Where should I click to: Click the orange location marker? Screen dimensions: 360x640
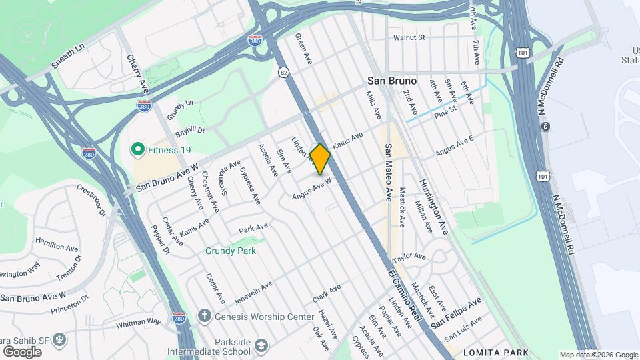pyautogui.click(x=320, y=159)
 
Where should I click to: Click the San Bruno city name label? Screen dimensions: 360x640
pyautogui.click(x=392, y=81)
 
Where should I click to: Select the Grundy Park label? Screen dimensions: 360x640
pyautogui.click(x=231, y=251)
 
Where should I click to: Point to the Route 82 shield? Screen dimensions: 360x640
pyautogui.click(x=285, y=72)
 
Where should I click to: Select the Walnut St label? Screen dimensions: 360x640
pyautogui.click(x=409, y=38)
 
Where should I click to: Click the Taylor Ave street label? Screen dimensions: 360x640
pyautogui.click(x=409, y=257)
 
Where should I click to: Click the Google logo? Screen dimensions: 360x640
pyautogui.click(x=22, y=351)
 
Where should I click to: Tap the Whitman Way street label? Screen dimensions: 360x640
pyautogui.click(x=139, y=322)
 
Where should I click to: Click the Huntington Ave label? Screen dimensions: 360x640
pyautogui.click(x=433, y=206)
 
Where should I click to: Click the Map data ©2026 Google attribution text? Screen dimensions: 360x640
pyautogui.click(x=597, y=355)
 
